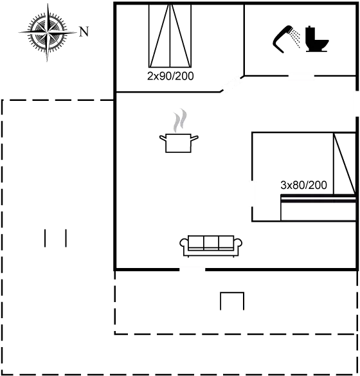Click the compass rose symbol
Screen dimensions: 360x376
point(48,32)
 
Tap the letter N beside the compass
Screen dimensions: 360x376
point(84,31)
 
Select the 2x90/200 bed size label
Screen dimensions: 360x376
point(170,76)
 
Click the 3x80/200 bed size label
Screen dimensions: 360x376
point(303,185)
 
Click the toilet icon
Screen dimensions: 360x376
point(317,39)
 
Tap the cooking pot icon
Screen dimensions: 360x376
point(179,143)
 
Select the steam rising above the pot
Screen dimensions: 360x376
point(179,120)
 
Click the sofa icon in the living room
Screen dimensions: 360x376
point(211,246)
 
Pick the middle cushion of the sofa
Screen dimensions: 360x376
point(211,243)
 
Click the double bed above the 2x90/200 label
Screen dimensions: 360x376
point(170,36)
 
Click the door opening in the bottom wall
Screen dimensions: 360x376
point(192,269)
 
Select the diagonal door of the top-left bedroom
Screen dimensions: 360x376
point(231,84)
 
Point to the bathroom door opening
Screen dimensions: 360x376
point(301,76)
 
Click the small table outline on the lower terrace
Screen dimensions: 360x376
point(232,301)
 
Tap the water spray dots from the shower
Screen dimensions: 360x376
point(296,38)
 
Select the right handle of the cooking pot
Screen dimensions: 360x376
point(195,138)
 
